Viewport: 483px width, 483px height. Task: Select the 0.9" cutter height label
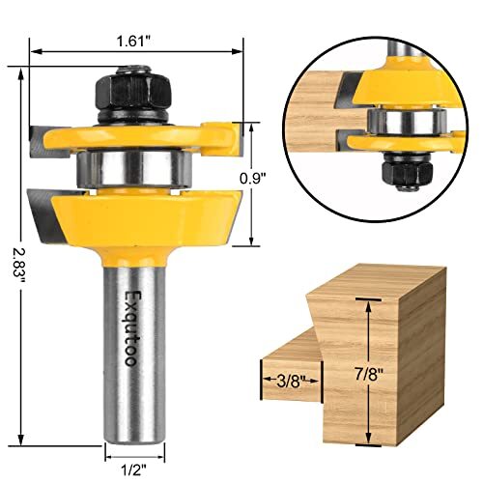(254, 177)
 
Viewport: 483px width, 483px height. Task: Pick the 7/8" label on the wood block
(368, 372)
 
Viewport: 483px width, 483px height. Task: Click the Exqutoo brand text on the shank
(132, 329)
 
